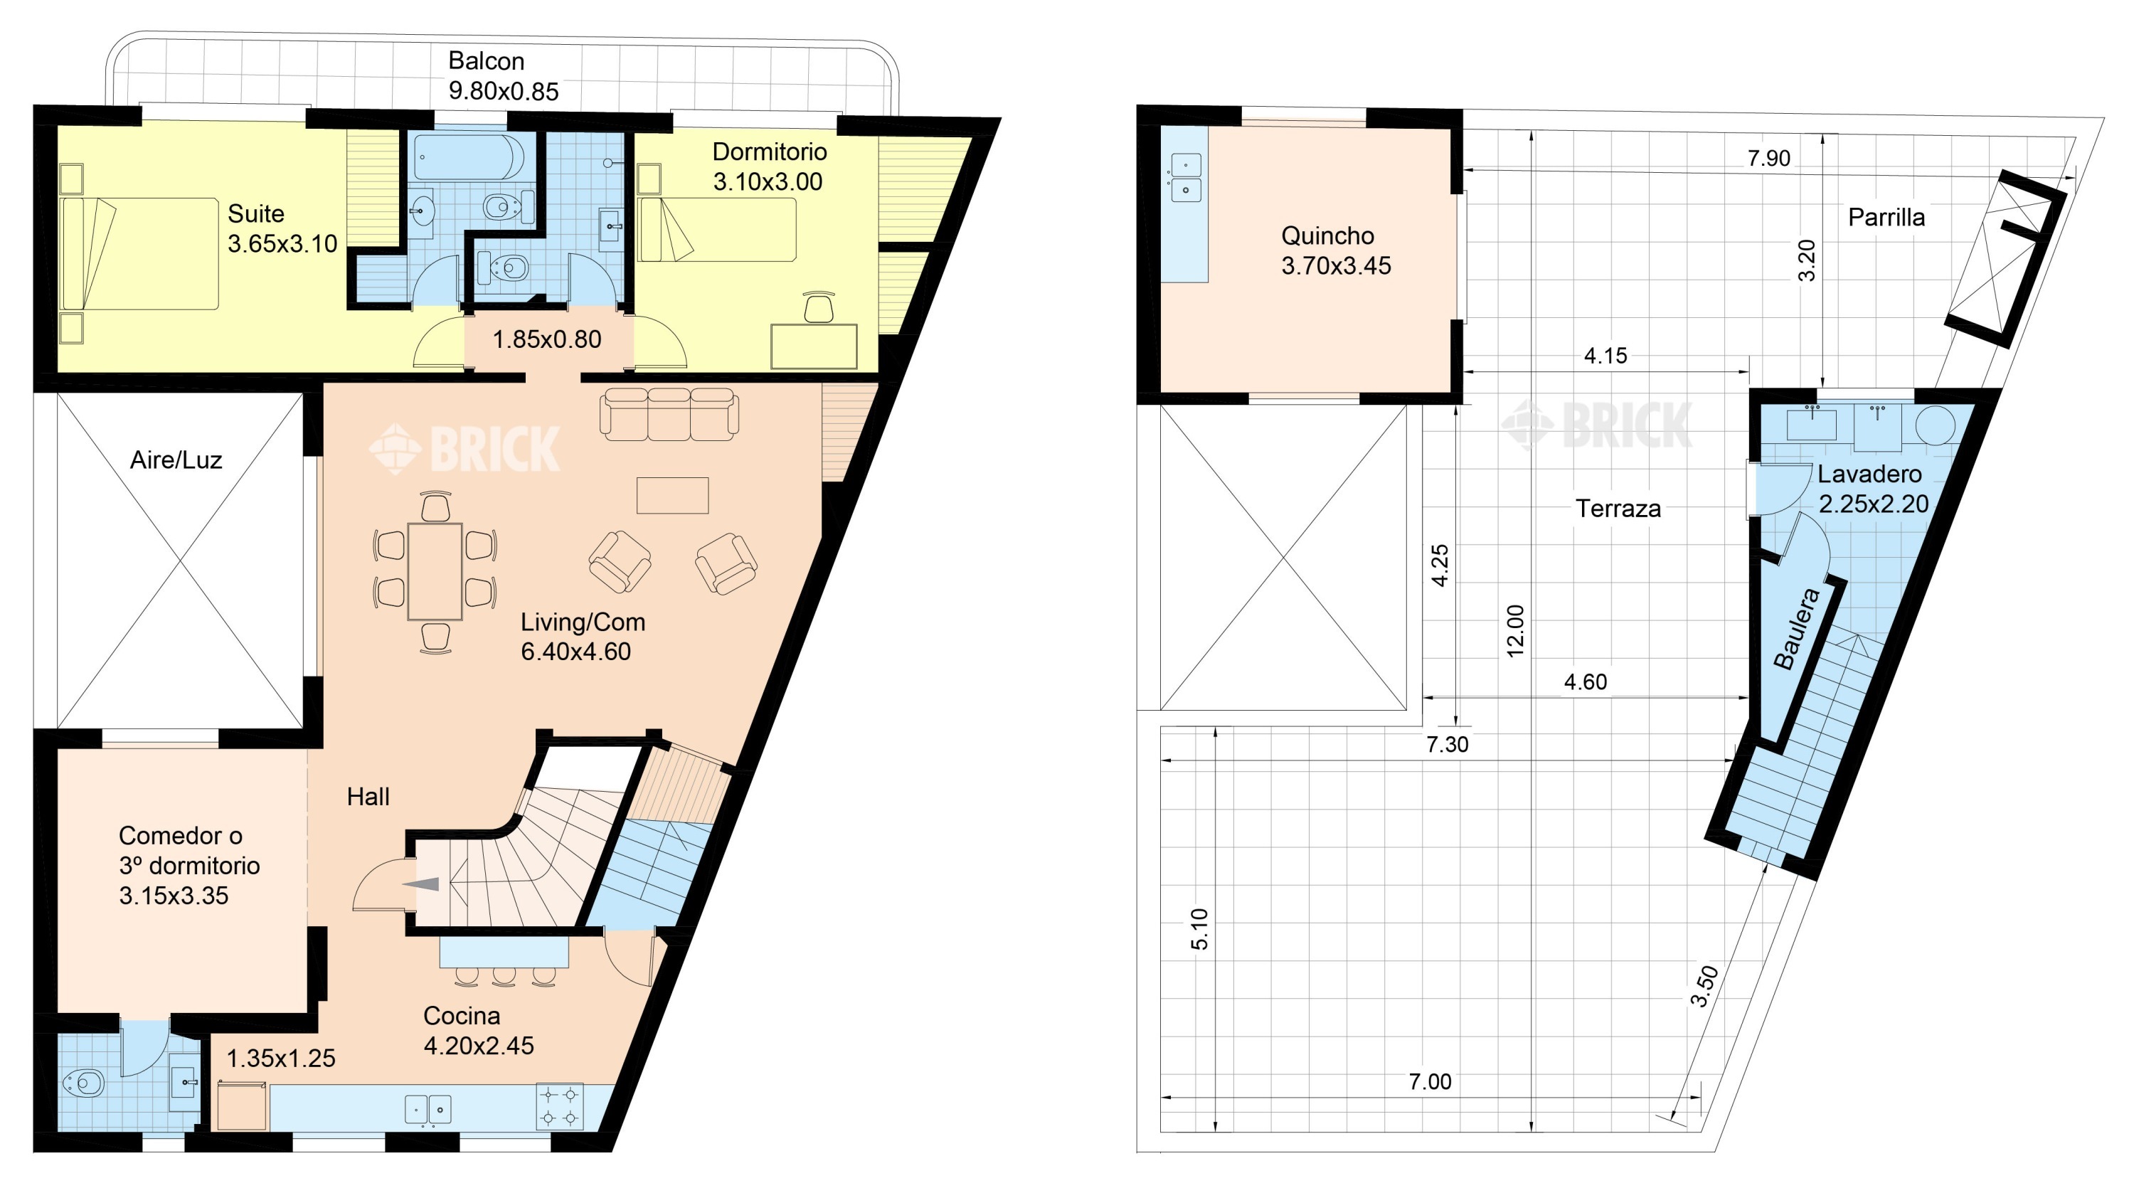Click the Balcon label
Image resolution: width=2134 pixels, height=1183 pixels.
pyautogui.click(x=487, y=61)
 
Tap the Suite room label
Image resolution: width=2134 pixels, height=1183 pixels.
pyautogui.click(x=256, y=213)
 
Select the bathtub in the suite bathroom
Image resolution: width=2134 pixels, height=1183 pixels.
pyautogui.click(x=468, y=157)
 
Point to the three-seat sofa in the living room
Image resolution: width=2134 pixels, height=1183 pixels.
pyautogui.click(x=669, y=413)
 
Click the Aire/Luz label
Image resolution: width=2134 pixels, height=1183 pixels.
pyautogui.click(x=176, y=460)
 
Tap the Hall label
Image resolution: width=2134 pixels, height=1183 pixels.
pyautogui.click(x=368, y=797)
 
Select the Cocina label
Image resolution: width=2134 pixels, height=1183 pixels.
pyautogui.click(x=462, y=1016)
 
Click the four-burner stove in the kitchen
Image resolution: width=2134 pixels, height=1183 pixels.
pyautogui.click(x=559, y=1107)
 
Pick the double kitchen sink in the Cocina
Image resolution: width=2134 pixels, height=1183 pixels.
pyautogui.click(x=428, y=1109)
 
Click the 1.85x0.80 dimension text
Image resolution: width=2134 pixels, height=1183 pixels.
pyautogui.click(x=547, y=339)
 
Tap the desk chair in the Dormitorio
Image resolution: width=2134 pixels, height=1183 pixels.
pyautogui.click(x=819, y=307)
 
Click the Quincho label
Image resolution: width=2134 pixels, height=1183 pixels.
pyautogui.click(x=1327, y=236)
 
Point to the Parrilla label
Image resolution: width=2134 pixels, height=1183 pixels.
pyautogui.click(x=1886, y=218)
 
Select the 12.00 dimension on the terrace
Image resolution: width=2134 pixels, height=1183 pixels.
pyautogui.click(x=1515, y=631)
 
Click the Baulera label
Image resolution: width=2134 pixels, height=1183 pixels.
pyautogui.click(x=1797, y=628)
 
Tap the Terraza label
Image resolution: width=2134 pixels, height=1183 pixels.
pyautogui.click(x=1618, y=509)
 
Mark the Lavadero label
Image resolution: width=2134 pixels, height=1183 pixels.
pyautogui.click(x=1869, y=474)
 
